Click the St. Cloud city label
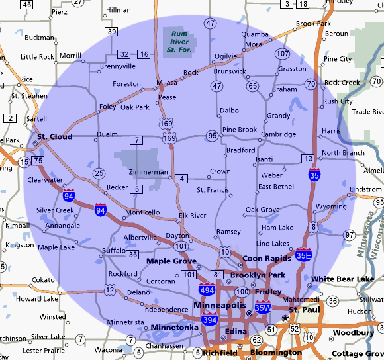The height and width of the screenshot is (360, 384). [x=54, y=138]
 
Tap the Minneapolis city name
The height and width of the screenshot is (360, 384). [x=220, y=305]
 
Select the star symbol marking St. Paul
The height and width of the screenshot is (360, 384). [x=285, y=318]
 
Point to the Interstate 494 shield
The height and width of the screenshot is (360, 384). [x=207, y=289]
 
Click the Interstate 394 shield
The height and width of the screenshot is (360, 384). [x=211, y=320]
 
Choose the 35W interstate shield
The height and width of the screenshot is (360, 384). [x=263, y=308]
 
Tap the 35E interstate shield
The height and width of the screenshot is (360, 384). [x=304, y=254]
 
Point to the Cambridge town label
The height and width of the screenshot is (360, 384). [x=278, y=134]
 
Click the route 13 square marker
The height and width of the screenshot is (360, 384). [x=307, y=158]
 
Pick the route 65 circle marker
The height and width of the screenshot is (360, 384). [x=252, y=86]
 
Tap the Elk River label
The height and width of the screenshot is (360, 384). [x=193, y=216]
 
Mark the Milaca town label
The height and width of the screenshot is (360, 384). [x=167, y=83]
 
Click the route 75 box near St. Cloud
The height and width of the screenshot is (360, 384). [x=38, y=161]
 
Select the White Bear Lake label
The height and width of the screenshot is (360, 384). [x=342, y=279]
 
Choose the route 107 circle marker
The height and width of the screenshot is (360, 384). [x=283, y=54]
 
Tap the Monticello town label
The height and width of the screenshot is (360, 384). [x=142, y=212]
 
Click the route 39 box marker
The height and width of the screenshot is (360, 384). [x=111, y=32]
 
